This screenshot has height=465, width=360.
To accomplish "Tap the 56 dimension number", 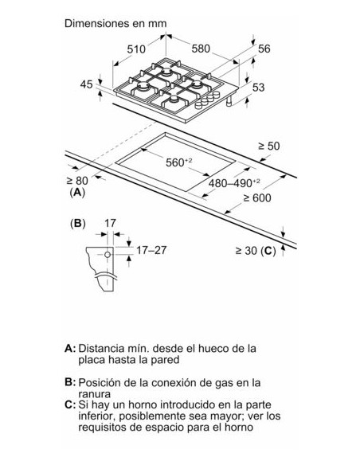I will [x=265, y=49].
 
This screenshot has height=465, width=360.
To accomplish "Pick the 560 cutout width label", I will [x=179, y=163].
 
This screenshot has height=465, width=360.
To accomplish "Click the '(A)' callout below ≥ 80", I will [x=76, y=193].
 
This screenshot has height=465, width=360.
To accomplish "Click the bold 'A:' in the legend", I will [x=71, y=348].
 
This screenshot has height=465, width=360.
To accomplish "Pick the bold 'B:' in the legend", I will [x=71, y=382].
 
